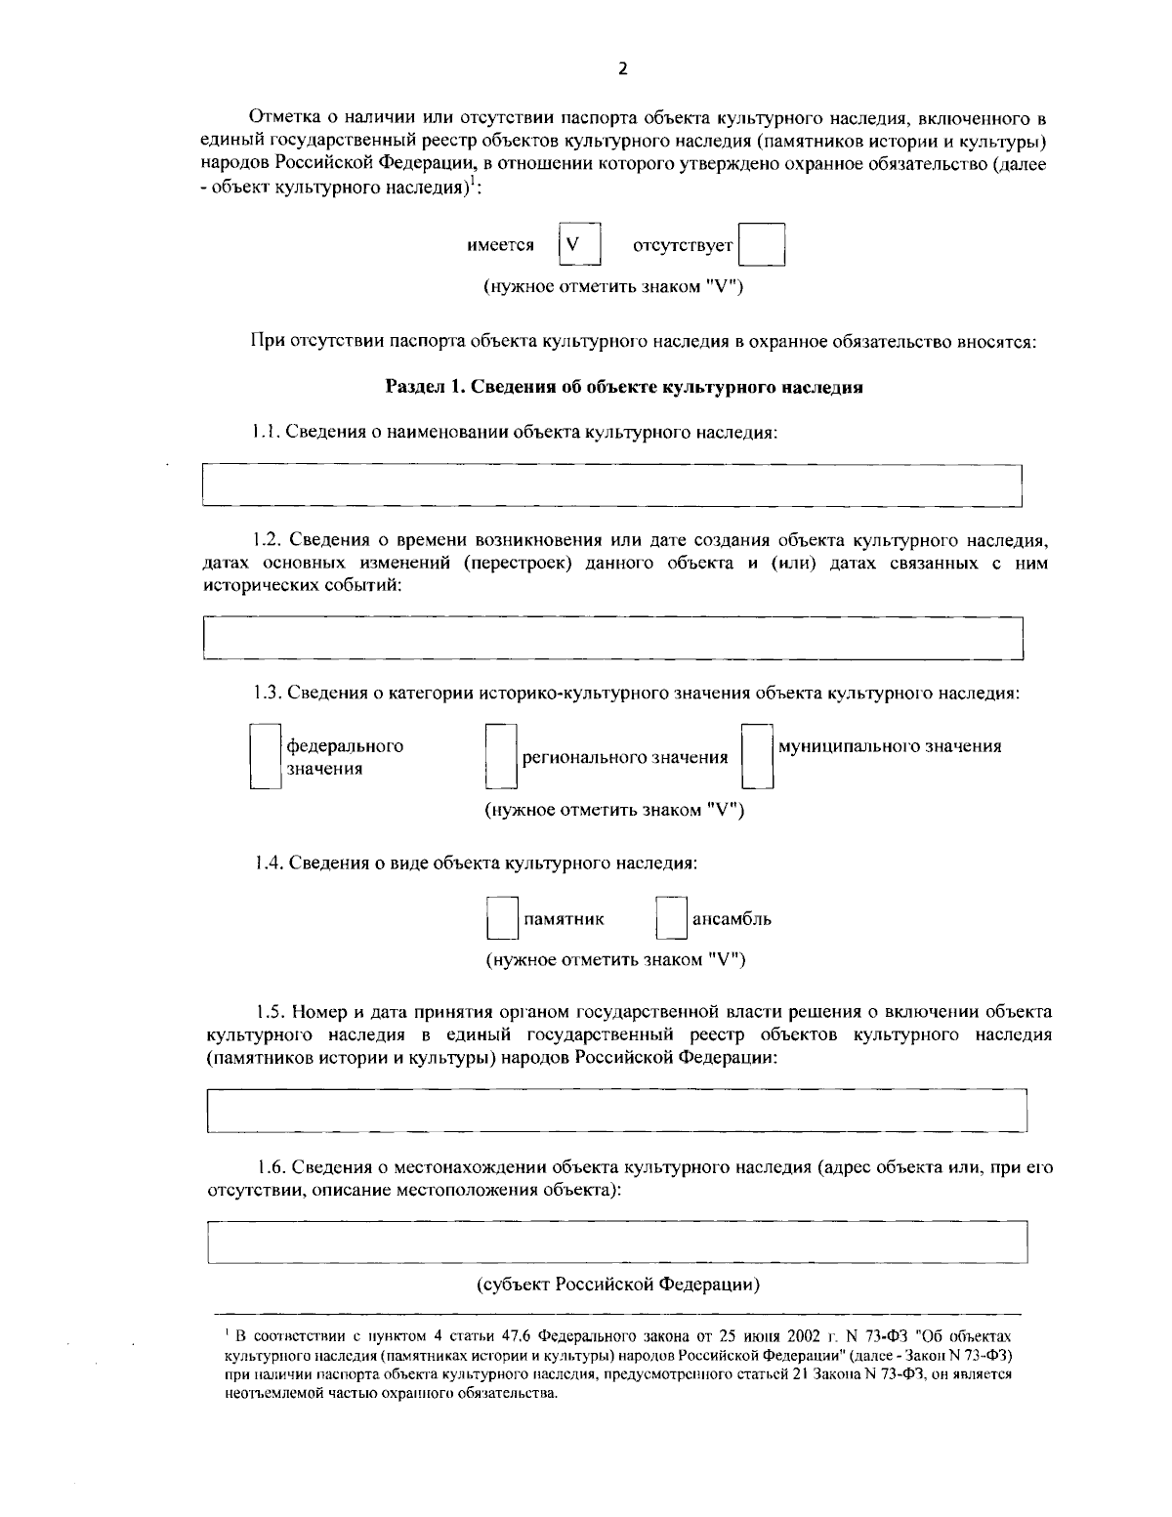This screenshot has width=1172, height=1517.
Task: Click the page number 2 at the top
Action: tap(622, 68)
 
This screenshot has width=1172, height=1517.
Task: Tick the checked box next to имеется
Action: tap(579, 245)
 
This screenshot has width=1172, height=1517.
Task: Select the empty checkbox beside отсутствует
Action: tap(762, 245)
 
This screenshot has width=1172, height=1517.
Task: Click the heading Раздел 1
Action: tap(624, 387)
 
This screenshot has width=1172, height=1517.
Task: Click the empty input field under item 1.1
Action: tap(611, 485)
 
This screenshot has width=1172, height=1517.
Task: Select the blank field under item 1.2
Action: tap(612, 638)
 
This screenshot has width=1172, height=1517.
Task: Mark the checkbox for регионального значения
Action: tap(502, 756)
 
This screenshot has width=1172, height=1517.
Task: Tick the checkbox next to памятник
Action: tap(502, 919)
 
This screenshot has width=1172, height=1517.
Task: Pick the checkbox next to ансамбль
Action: tap(671, 919)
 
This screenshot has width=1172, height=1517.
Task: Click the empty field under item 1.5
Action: tap(617, 1111)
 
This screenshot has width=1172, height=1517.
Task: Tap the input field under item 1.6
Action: tap(617, 1242)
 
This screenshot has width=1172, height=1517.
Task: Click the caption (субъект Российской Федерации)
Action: tap(618, 1284)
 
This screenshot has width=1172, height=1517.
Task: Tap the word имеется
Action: tap(501, 246)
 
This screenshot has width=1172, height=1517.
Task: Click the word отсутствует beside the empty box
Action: tap(683, 246)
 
